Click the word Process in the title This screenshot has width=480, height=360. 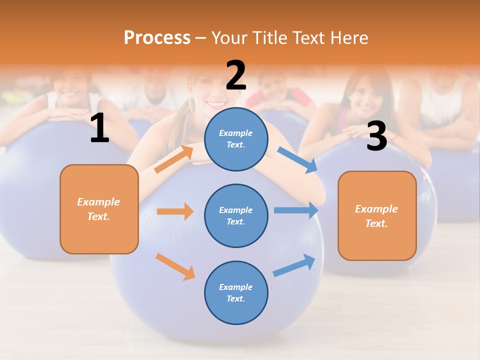click(x=157, y=37)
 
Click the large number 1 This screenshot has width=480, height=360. click(x=99, y=128)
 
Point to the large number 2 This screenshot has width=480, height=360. click(x=236, y=75)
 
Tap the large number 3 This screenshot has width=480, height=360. click(x=376, y=136)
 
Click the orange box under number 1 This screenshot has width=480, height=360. click(x=99, y=209)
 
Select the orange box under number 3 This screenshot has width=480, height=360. click(x=377, y=215)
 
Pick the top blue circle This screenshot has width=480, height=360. click(x=236, y=138)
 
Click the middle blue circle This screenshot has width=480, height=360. click(x=236, y=215)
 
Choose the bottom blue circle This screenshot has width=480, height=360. click(x=236, y=292)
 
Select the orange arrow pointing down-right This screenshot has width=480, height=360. click(x=175, y=266)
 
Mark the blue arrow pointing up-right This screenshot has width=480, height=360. click(x=294, y=265)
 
